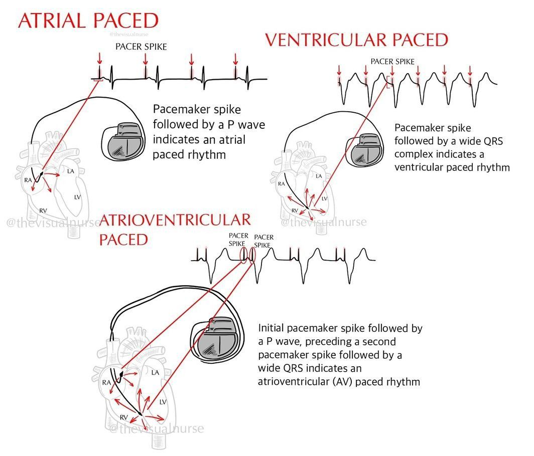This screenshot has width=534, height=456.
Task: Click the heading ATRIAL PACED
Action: coord(88,21)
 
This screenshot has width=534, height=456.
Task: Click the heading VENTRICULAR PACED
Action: coord(356,40)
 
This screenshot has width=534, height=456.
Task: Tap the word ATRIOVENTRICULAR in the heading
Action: coord(175,219)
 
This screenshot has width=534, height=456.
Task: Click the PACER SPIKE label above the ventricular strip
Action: coord(392,61)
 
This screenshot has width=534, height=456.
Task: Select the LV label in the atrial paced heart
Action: coord(77,197)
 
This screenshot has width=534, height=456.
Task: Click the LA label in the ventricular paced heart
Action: coord(318,176)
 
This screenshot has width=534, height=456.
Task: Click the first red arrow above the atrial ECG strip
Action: coord(99,60)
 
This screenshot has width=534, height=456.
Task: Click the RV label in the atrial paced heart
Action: coord(43,210)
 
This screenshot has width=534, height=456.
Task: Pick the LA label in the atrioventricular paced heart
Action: coord(155,372)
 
